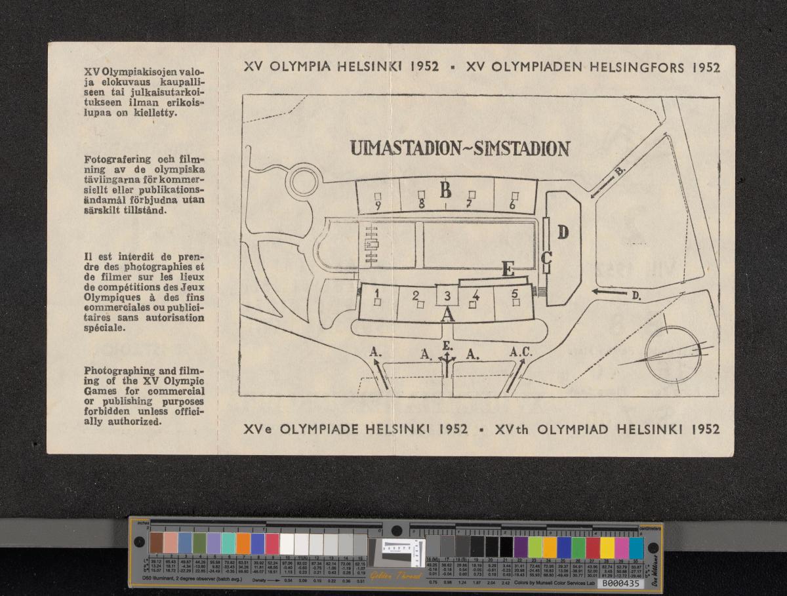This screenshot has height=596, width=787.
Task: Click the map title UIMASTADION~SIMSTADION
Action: click(x=459, y=149)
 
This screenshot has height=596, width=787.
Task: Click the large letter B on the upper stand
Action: click(x=445, y=191)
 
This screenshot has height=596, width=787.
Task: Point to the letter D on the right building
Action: click(x=563, y=231)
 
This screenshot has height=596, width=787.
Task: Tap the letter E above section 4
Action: click(x=507, y=269)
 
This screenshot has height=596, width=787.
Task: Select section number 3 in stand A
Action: click(x=447, y=296)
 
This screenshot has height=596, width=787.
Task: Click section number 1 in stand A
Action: click(x=378, y=292)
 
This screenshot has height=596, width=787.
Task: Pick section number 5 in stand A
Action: click(x=515, y=293)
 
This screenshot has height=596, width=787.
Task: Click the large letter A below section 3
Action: click(x=447, y=315)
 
